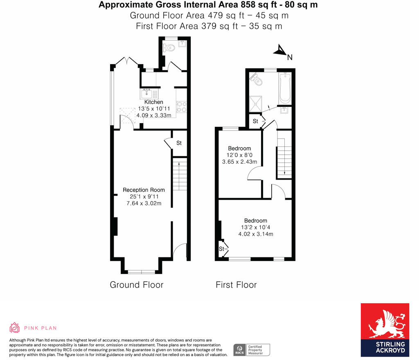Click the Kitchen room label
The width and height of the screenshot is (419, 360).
tap(153, 102)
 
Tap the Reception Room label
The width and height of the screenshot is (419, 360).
tap(144, 190)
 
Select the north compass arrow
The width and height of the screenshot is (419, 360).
tap(280, 51)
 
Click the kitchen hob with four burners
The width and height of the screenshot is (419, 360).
tap(181, 107)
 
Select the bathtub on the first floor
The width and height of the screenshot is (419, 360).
tap(285, 88)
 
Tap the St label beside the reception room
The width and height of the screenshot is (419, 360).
tap(179, 143)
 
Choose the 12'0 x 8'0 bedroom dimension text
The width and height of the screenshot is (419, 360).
tap(239, 155)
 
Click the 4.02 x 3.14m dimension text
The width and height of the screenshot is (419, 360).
tap(255, 234)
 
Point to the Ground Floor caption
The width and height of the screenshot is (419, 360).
tap(136, 285)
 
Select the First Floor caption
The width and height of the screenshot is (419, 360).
tap(236, 285)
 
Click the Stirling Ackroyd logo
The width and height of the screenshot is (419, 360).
tap(385, 330)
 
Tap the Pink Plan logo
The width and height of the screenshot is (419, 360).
tap(33, 328)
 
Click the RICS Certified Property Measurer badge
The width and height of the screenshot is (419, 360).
tap(251, 350)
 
